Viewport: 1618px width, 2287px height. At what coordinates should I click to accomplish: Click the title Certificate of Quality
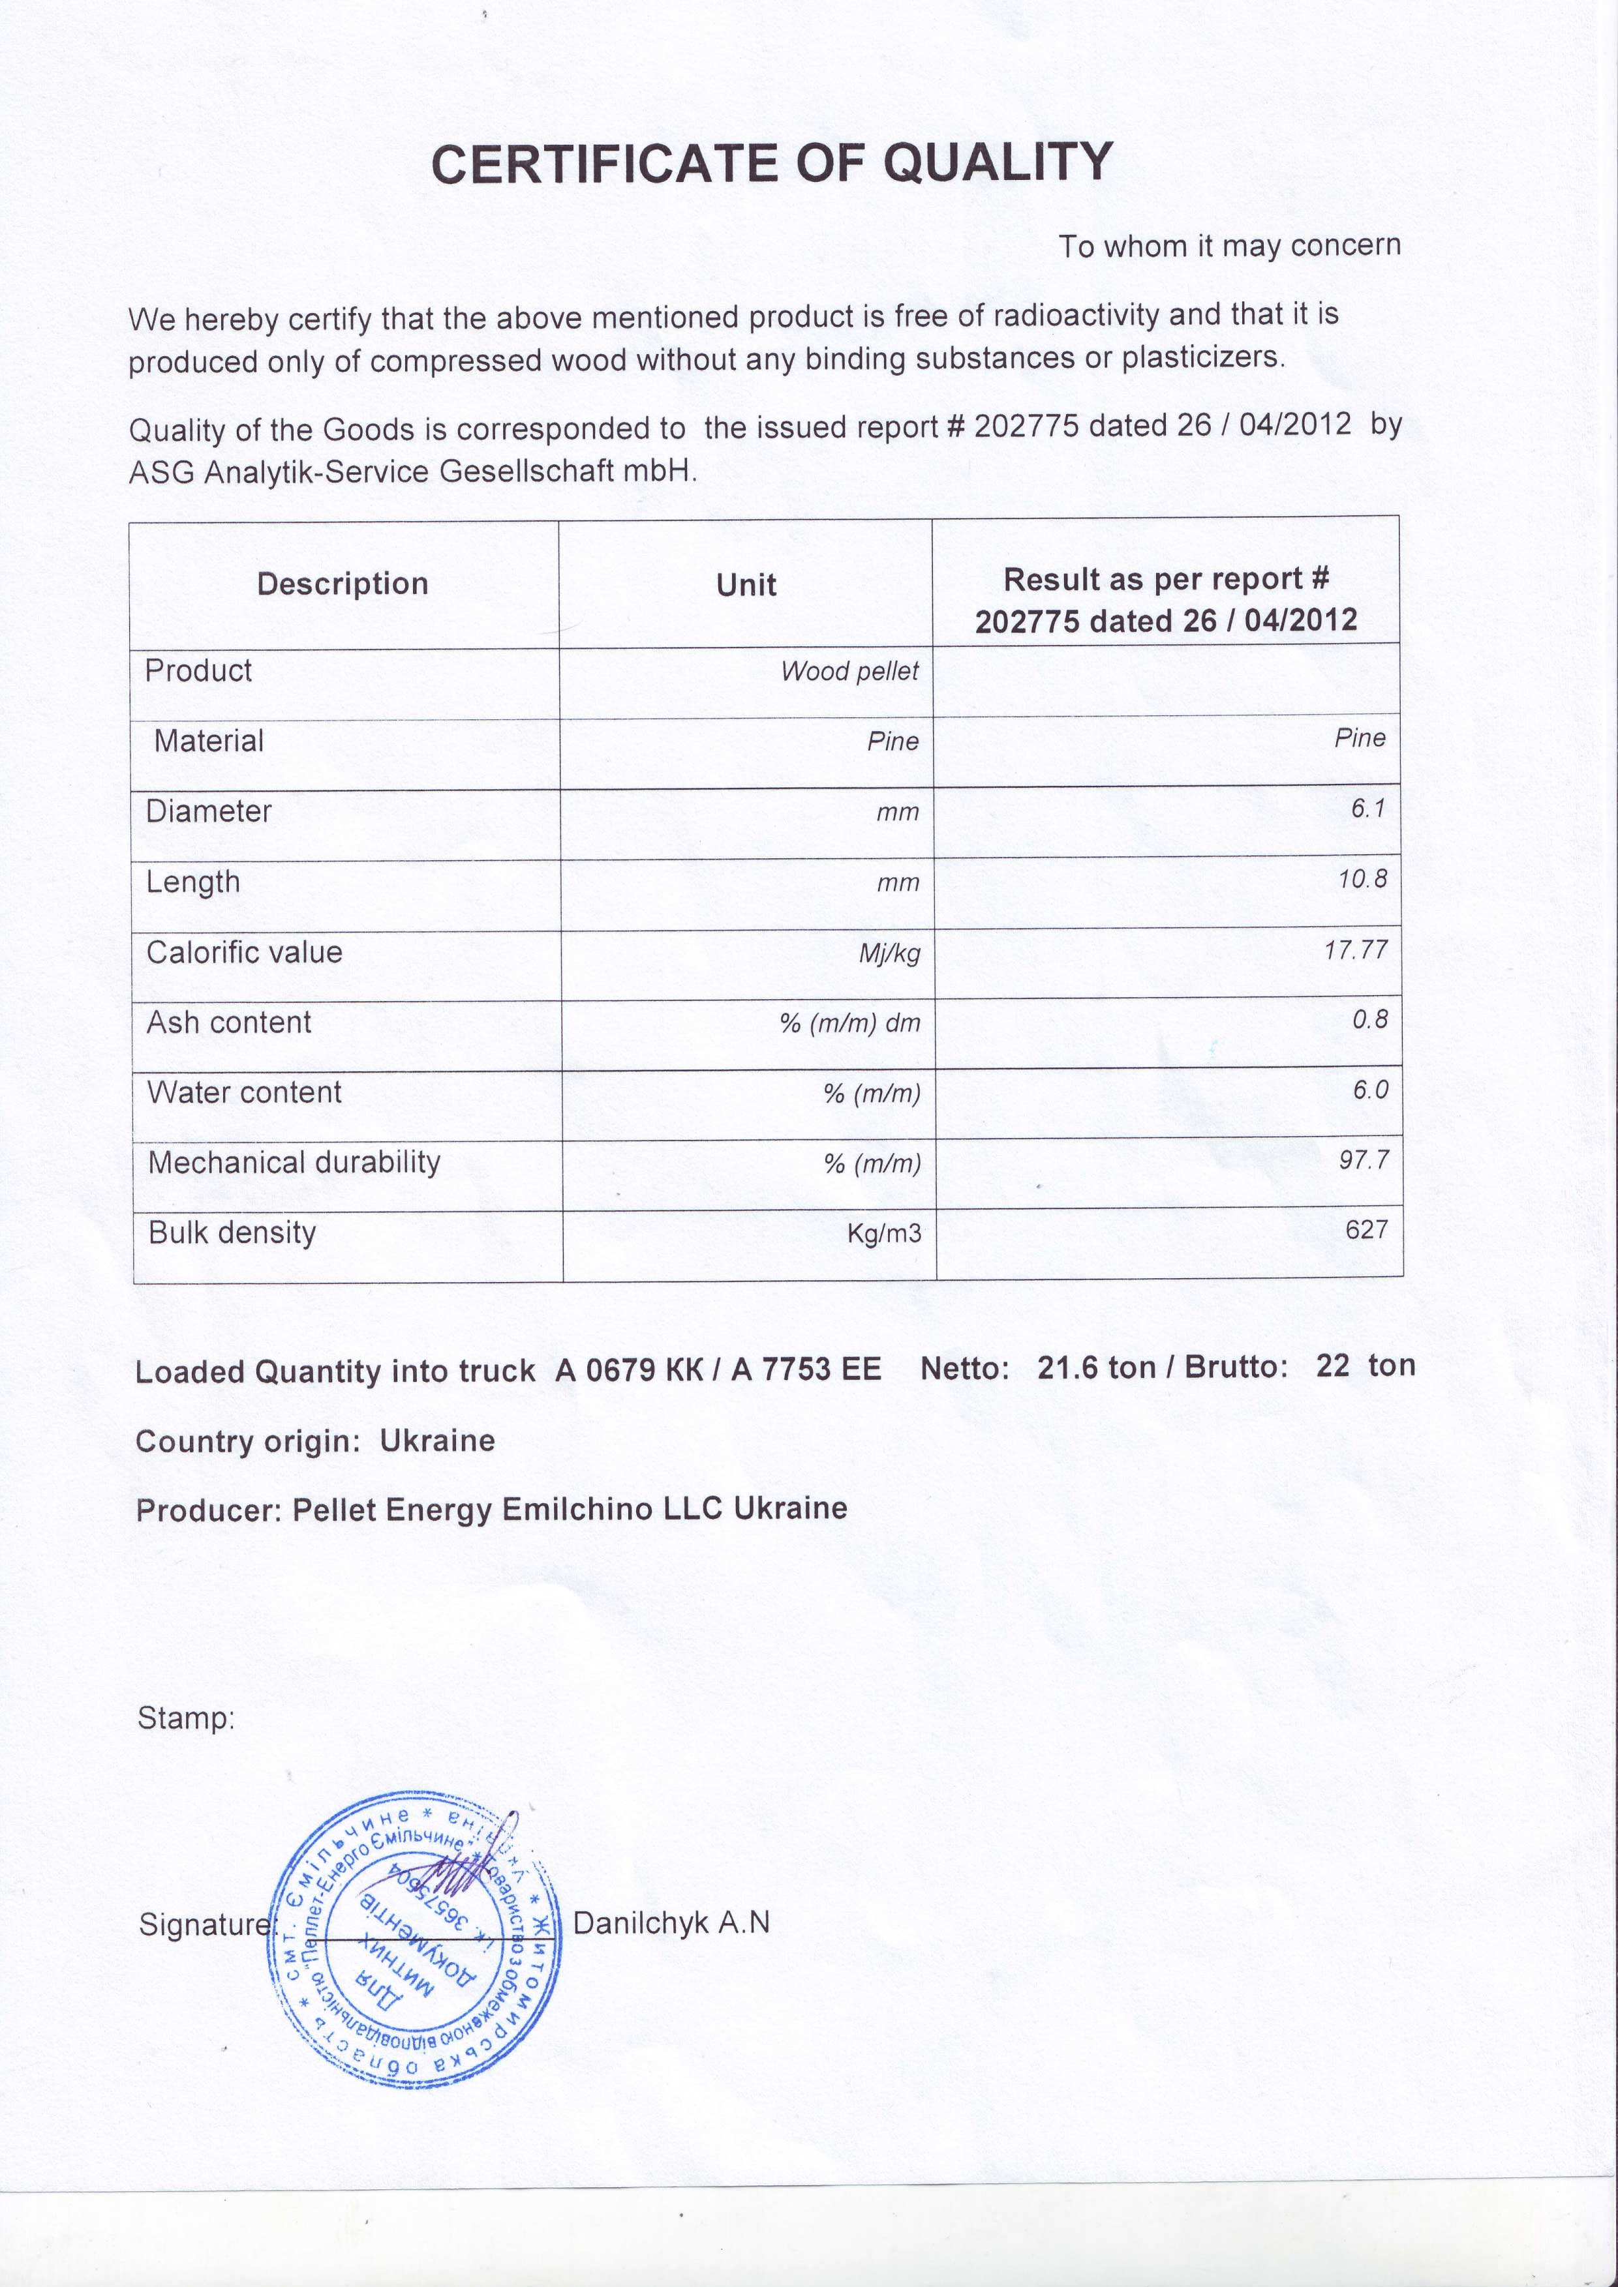click(772, 163)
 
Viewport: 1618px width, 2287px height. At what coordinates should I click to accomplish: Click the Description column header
click(342, 584)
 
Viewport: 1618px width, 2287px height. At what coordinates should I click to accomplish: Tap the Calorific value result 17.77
click(1355, 950)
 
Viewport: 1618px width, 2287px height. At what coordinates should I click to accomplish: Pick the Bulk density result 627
click(1366, 1230)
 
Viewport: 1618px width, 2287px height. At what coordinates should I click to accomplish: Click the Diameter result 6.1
click(1368, 809)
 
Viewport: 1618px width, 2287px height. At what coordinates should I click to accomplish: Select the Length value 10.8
click(1362, 880)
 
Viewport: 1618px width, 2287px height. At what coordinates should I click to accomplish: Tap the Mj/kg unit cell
click(890, 954)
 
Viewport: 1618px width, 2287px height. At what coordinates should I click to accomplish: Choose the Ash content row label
click(229, 1023)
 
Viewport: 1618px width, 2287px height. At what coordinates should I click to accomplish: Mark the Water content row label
click(244, 1093)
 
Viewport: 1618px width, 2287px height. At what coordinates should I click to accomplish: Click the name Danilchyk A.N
click(671, 1922)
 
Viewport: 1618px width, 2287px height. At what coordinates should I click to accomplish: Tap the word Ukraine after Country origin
click(437, 1441)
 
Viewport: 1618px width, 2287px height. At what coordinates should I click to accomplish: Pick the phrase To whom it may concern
click(1229, 246)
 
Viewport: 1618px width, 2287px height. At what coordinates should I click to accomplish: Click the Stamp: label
click(185, 1718)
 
